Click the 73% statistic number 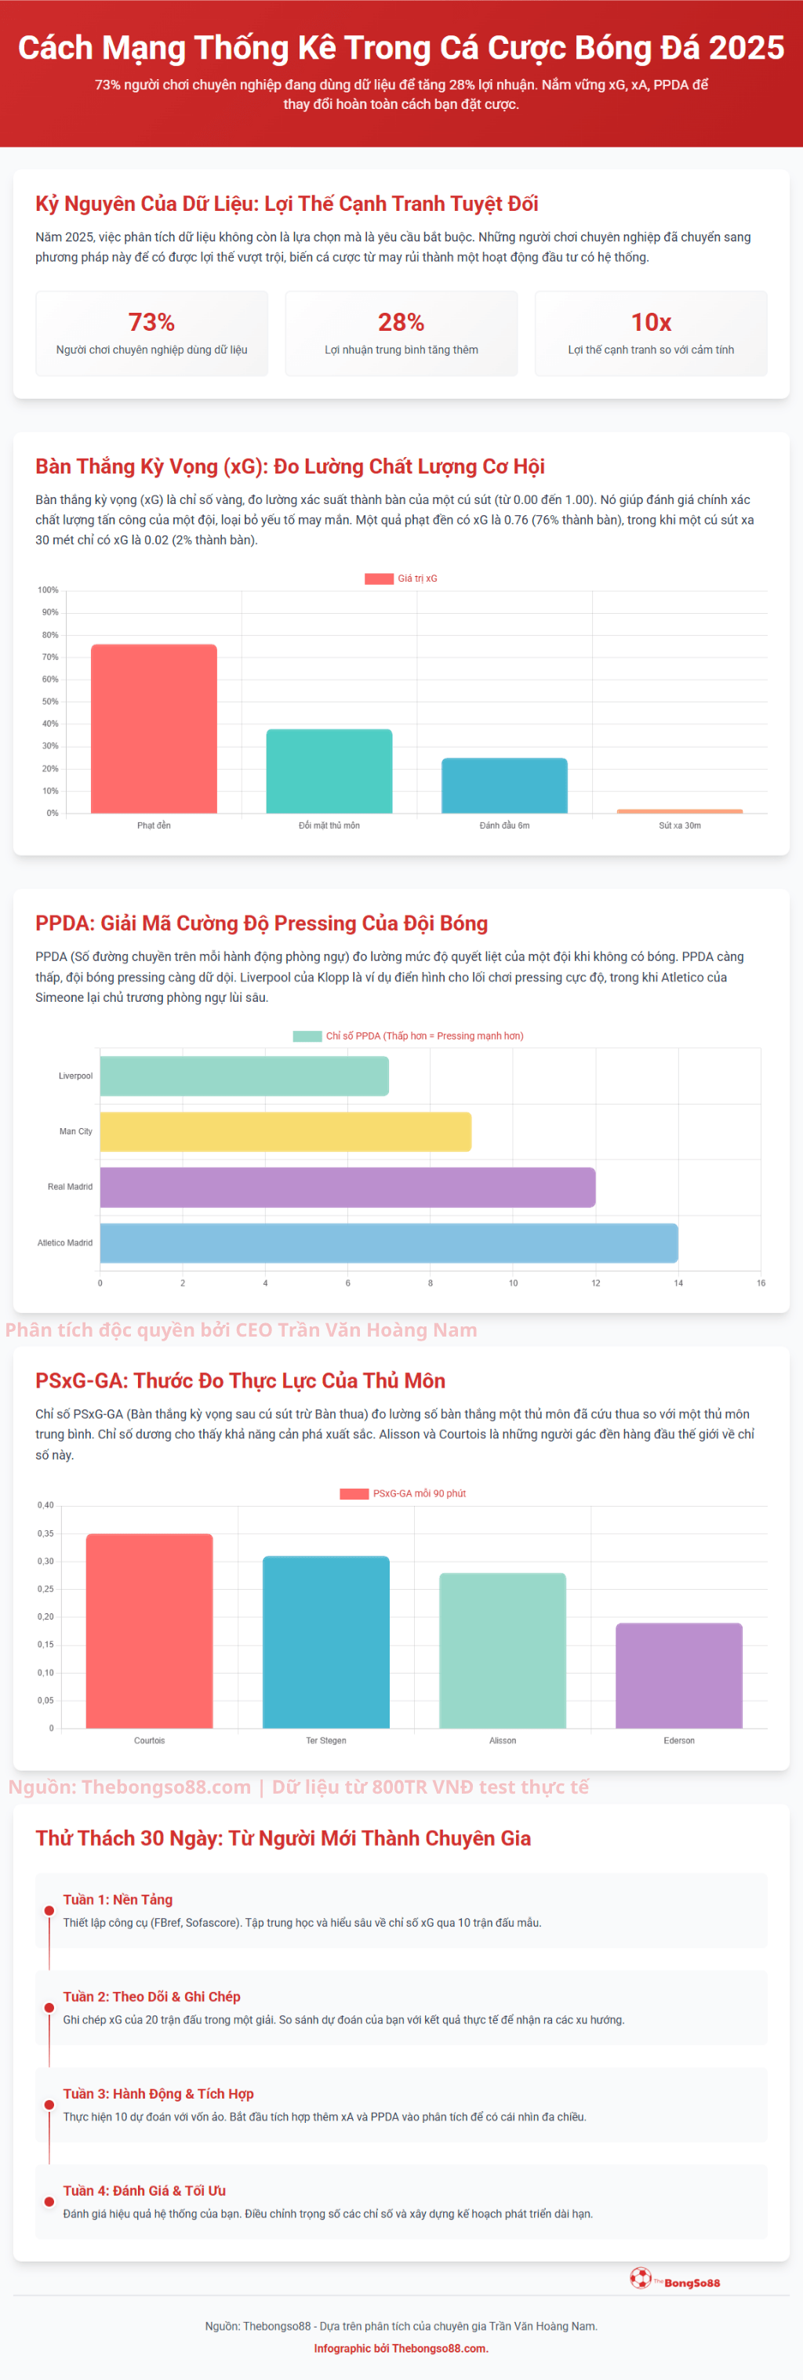pyautogui.click(x=151, y=321)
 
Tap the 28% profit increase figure pyautogui.click(x=401, y=321)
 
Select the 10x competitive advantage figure pyautogui.click(x=651, y=321)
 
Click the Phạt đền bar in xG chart pyautogui.click(x=154, y=729)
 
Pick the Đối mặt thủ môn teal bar pyautogui.click(x=329, y=771)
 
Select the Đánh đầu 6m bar pyautogui.click(x=504, y=785)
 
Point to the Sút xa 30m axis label pyautogui.click(x=679, y=825)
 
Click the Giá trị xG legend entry pyautogui.click(x=401, y=579)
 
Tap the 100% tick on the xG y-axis pyautogui.click(x=48, y=590)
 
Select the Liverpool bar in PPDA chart pyautogui.click(x=244, y=1076)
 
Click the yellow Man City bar pyautogui.click(x=285, y=1131)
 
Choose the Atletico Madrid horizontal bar pyautogui.click(x=388, y=1243)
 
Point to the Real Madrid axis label pyautogui.click(x=71, y=1186)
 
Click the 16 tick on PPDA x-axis pyautogui.click(x=761, y=1283)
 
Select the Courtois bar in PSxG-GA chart pyautogui.click(x=150, y=1631)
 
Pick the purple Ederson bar pyautogui.click(x=679, y=1675)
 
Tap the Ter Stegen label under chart pyautogui.click(x=326, y=1740)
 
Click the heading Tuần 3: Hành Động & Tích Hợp pyautogui.click(x=158, y=2094)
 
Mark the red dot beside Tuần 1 pyautogui.click(x=49, y=1910)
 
